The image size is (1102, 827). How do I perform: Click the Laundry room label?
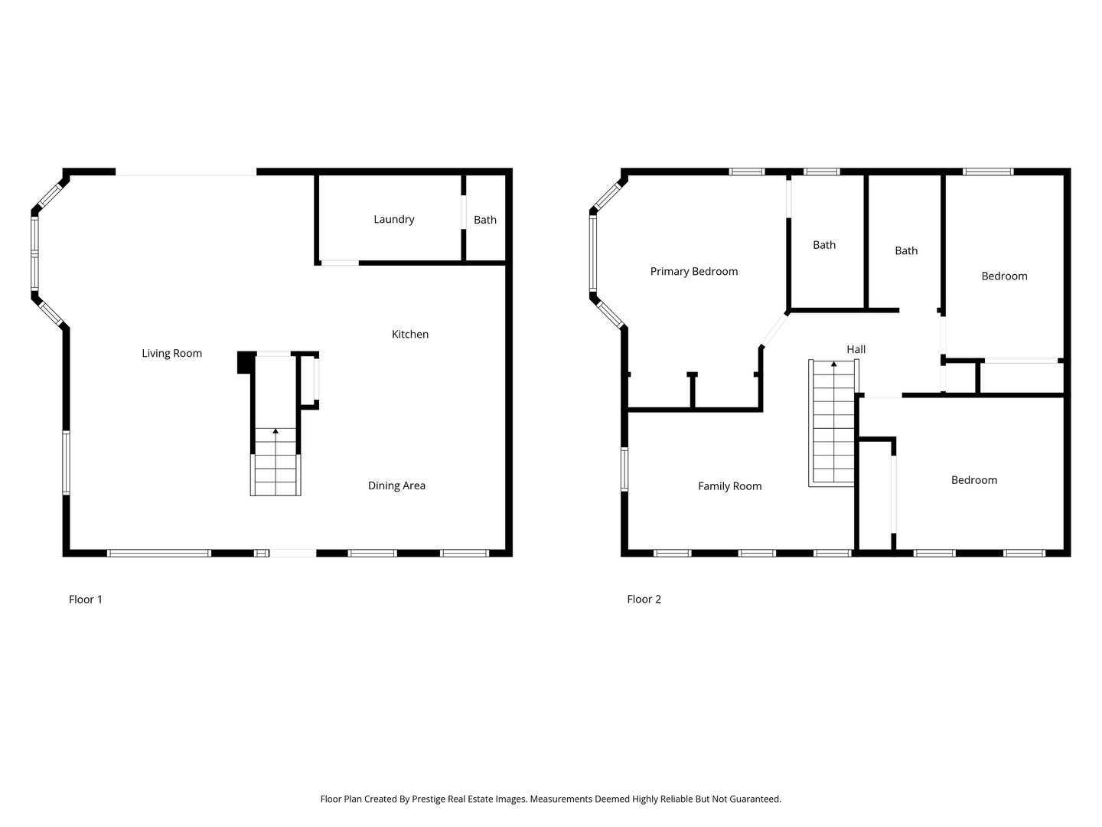click(x=393, y=220)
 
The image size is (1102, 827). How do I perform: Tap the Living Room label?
click(x=171, y=354)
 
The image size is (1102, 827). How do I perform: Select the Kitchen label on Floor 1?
click(x=409, y=335)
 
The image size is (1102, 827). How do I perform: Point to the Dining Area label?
click(x=396, y=485)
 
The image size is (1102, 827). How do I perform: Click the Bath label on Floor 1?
click(x=485, y=220)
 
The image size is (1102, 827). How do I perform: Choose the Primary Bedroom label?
click(x=694, y=272)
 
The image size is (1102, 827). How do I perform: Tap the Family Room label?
click(x=729, y=486)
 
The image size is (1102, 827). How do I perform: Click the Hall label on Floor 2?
click(x=856, y=349)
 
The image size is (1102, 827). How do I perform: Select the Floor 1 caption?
click(x=86, y=600)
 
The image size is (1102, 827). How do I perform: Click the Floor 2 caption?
click(x=644, y=599)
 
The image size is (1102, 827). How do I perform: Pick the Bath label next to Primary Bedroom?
click(x=824, y=245)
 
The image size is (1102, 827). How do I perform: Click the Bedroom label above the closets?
click(x=1004, y=276)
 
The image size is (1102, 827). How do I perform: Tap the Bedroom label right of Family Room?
click(x=974, y=480)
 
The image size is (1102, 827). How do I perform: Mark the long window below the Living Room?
click(x=159, y=554)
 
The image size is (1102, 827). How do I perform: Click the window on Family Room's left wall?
click(x=624, y=469)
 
